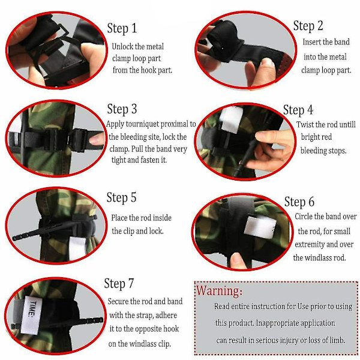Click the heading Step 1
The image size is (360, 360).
(x=122, y=28)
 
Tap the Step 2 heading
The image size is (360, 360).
(x=308, y=25)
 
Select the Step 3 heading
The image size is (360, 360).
(x=122, y=109)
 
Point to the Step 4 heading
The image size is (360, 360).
(x=298, y=110)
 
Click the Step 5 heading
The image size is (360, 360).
(x=121, y=197)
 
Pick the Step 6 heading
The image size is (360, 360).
(x=299, y=202)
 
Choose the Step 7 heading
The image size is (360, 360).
(x=119, y=283)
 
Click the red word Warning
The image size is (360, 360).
(x=219, y=290)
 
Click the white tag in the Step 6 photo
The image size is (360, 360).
(x=260, y=227)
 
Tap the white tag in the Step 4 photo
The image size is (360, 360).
(x=231, y=119)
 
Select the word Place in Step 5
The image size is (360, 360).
(x=119, y=218)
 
